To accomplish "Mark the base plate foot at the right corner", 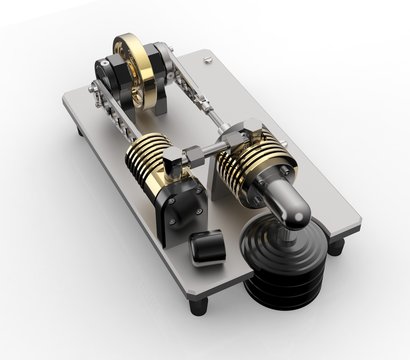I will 337,245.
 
